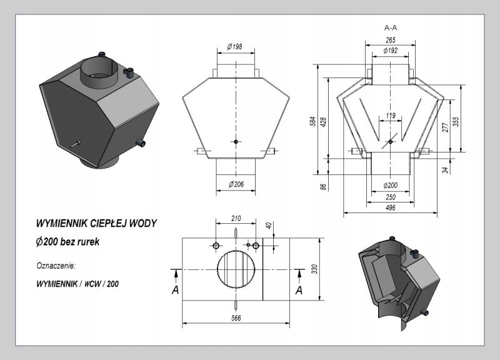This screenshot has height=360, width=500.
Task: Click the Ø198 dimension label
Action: [235, 47]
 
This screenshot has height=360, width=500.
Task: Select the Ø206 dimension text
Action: [236, 184]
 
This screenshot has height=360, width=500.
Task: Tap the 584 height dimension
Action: [314, 121]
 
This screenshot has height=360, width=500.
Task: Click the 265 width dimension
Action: [390, 40]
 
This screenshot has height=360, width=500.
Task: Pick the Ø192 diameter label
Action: [390, 51]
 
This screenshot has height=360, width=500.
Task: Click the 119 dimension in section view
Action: [391, 116]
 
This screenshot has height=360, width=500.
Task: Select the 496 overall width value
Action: [390, 208]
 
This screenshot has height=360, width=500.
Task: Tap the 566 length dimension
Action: [236, 318]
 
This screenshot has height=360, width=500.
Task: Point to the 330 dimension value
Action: [315, 269]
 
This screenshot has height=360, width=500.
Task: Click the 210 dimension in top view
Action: [236, 218]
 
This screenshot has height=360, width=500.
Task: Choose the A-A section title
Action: [391, 27]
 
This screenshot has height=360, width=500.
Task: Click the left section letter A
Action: [175, 290]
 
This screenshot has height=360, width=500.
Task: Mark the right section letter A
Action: [299, 290]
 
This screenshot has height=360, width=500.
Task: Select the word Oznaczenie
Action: [56, 266]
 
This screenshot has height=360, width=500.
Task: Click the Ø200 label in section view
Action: [390, 185]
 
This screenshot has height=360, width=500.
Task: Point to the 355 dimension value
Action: [456, 121]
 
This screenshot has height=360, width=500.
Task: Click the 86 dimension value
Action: [323, 186]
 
